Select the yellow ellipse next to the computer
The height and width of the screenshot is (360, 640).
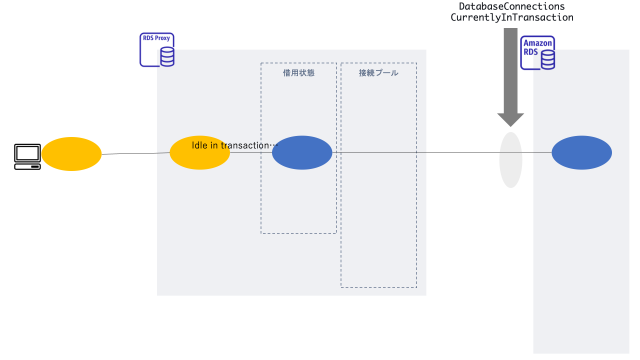coord(71,154)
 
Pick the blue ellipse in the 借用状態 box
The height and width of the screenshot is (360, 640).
coord(302,153)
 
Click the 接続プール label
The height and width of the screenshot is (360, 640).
coord(378,73)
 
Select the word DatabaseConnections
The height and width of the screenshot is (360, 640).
coord(511,6)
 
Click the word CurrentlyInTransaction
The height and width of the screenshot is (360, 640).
coord(511,18)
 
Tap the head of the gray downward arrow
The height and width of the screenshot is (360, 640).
coord(511,116)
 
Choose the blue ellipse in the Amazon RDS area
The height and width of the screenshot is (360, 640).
coord(582,153)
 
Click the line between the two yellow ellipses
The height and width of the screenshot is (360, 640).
coord(135,153)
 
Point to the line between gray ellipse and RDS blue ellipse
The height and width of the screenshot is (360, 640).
coord(537,153)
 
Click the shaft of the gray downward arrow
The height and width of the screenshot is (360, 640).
coord(511,65)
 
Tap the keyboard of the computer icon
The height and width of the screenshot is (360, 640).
coord(28,167)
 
